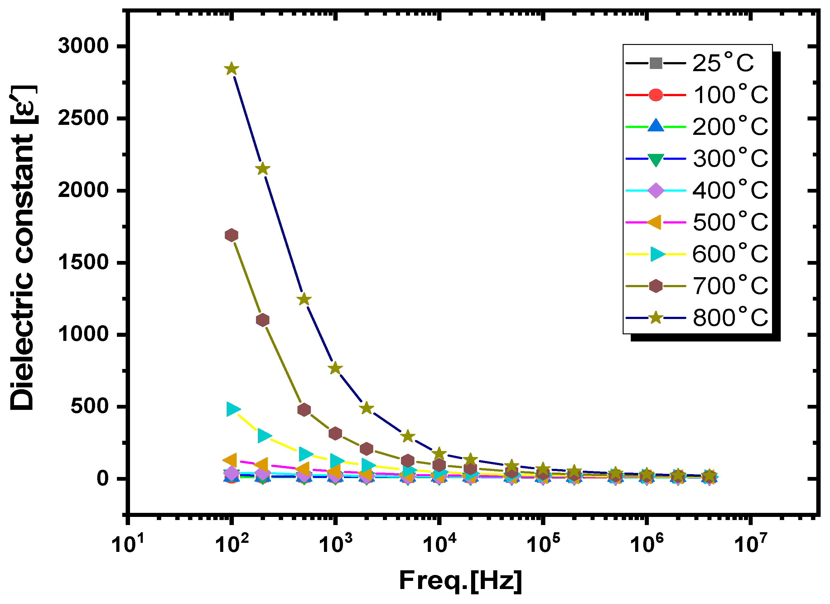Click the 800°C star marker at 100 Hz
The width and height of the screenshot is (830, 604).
231,69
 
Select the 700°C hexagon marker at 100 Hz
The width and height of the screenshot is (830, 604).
231,235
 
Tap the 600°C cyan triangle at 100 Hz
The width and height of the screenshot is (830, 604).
233,409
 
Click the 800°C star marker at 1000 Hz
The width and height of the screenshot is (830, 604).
335,368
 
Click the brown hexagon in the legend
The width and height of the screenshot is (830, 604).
656,286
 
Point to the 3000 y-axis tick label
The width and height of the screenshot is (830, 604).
84,46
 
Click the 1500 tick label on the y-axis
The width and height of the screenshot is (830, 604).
84,263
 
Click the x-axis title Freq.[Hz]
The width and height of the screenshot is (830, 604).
461,581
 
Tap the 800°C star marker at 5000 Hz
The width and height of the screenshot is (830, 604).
408,437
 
